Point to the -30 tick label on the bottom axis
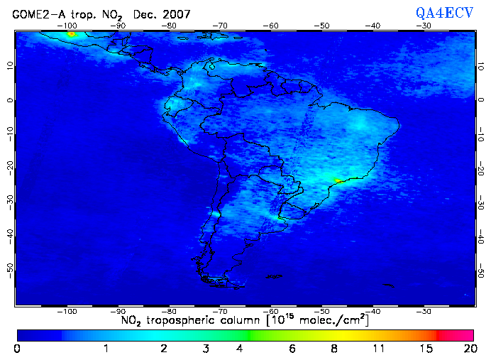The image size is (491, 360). point(423,311)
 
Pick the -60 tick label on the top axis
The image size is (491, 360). point(270,26)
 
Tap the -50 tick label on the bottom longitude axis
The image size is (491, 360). point(321,311)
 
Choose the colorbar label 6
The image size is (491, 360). point(292,349)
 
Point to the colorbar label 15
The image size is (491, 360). point(425,349)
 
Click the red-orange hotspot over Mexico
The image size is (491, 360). point(71,33)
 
